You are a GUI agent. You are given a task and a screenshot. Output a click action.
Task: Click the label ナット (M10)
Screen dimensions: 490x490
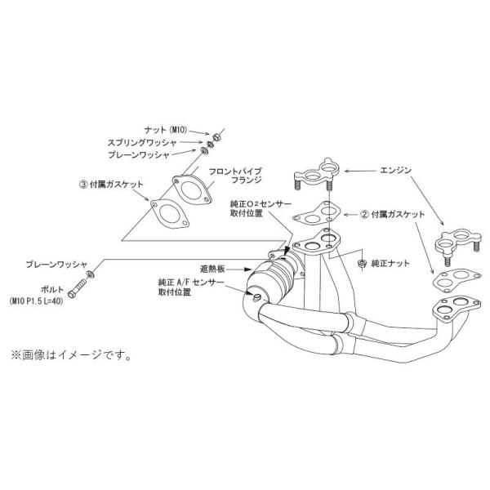165,130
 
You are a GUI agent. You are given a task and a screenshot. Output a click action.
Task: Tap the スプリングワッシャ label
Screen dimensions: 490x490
142,143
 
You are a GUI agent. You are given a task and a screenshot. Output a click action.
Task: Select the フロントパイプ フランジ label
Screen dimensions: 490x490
235,176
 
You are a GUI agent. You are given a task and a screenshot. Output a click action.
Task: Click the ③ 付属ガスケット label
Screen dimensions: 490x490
111,185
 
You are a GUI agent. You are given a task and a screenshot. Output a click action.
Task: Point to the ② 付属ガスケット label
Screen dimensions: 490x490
392,215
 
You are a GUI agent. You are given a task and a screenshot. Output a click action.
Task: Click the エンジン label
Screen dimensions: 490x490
395,171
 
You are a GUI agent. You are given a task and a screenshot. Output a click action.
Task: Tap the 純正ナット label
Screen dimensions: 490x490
390,264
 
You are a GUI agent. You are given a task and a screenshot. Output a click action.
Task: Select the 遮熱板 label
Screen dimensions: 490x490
212,269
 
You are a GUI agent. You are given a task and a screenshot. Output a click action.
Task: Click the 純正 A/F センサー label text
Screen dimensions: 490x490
191,283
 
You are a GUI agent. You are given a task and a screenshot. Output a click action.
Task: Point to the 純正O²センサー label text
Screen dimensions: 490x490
261,204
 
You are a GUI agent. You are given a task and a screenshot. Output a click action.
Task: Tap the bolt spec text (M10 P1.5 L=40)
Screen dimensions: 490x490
36,301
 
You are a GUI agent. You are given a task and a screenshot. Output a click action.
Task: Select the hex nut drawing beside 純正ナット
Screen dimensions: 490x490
362,264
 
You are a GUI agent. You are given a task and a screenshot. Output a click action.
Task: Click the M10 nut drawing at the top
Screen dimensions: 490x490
216,137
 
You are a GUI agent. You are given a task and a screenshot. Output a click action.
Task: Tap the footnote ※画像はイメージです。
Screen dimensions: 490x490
70,355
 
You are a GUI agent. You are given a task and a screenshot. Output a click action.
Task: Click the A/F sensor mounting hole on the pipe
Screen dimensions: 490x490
256,297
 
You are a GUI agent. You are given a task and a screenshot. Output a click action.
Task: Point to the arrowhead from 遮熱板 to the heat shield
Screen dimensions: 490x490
248,269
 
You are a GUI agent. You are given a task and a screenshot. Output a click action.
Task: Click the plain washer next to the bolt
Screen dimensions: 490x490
91,274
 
